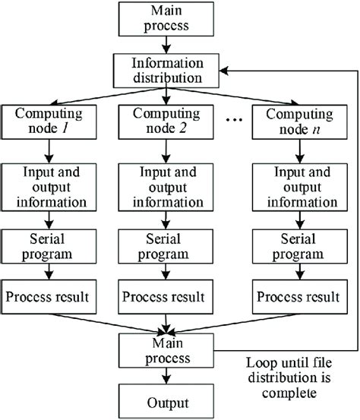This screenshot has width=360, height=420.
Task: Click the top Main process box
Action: tap(166, 21)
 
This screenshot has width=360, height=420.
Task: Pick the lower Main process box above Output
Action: tap(166, 346)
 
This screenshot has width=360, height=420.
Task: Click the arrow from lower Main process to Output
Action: tap(166, 373)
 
